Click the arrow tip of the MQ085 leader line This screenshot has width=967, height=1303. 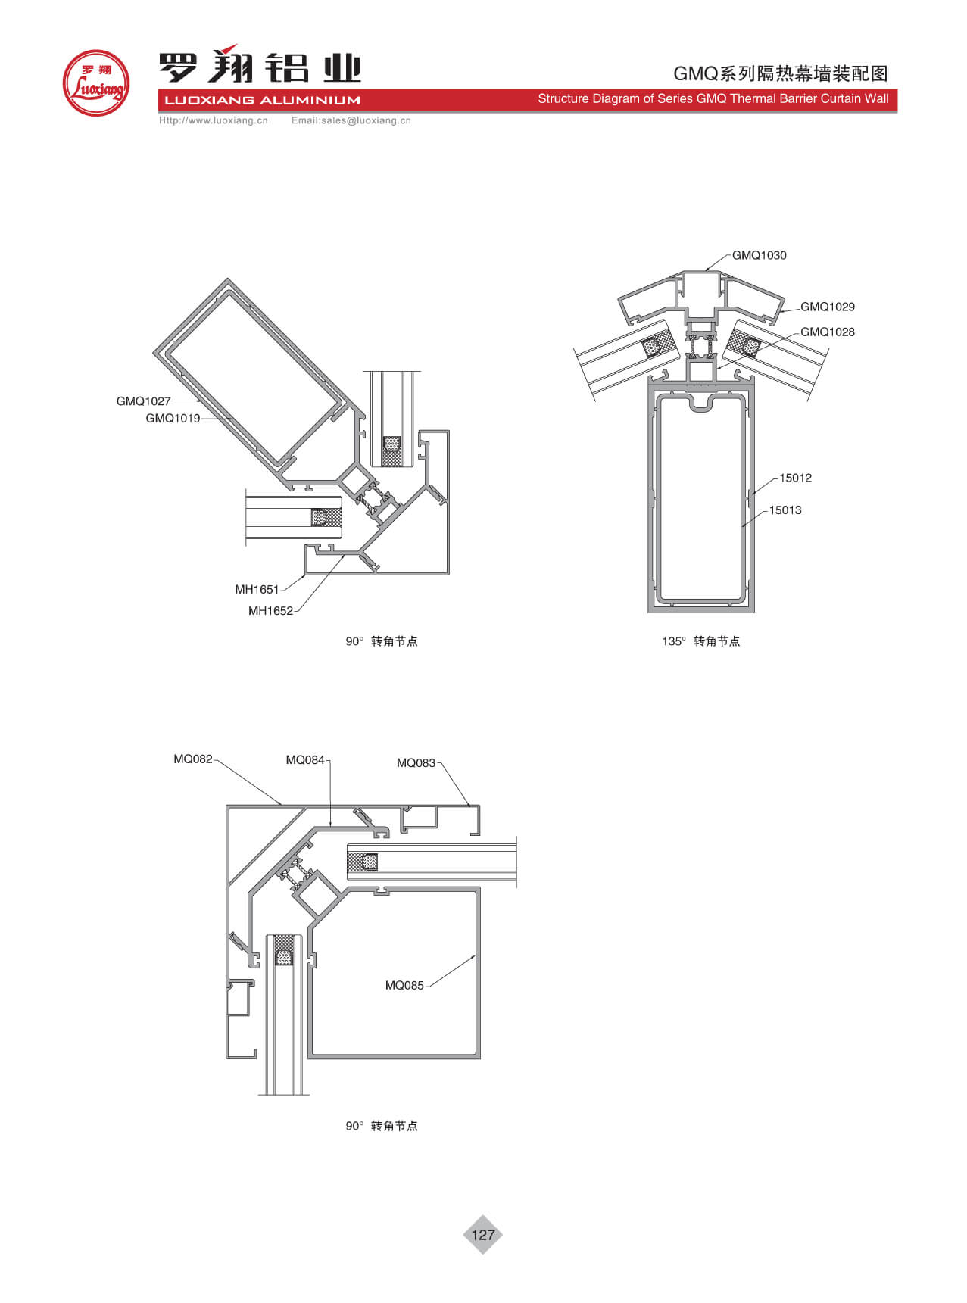(x=476, y=955)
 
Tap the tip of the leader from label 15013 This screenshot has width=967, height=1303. (x=741, y=527)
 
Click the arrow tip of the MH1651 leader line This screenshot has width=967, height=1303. (x=305, y=575)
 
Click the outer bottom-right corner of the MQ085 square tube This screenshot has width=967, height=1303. (x=480, y=1058)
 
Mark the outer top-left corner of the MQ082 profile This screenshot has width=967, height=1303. (x=226, y=806)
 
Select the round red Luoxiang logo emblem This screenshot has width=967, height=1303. (x=95, y=83)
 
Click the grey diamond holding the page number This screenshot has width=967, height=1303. (x=482, y=1235)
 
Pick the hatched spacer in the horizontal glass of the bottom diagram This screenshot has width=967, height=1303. (x=362, y=862)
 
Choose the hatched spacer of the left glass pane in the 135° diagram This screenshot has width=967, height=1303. (x=659, y=344)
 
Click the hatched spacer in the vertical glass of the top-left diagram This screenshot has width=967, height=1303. (x=391, y=450)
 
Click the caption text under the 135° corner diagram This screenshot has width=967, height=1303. (x=701, y=641)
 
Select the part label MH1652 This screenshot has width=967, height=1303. (x=270, y=611)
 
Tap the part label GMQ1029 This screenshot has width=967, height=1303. (x=828, y=307)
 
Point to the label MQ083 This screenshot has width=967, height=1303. (x=416, y=762)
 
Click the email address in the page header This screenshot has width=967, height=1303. (x=351, y=120)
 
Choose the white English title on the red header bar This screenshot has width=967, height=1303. (x=713, y=98)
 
